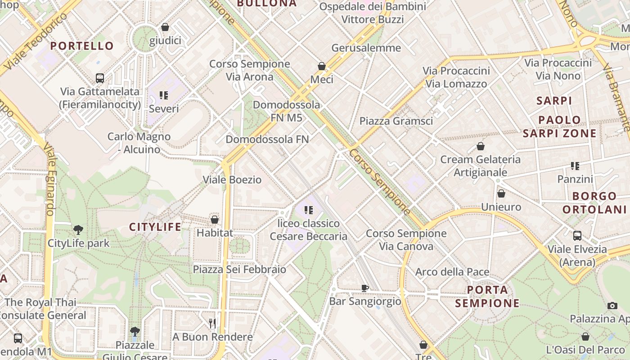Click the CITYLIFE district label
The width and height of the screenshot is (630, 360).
tap(155, 227)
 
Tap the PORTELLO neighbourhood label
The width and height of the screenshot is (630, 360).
tap(82, 46)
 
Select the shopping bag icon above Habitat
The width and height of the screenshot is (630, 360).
tap(215, 220)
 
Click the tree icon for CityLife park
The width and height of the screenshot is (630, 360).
tap(78, 230)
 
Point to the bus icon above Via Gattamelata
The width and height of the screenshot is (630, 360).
tap(100, 78)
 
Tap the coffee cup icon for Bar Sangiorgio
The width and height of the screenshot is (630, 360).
tap(365, 288)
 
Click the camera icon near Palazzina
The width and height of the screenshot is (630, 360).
tap(612, 306)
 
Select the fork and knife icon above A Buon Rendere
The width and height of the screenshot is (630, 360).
tap(212, 323)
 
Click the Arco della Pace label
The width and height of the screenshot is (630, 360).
tap(452, 272)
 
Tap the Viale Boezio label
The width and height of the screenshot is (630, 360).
tap(232, 180)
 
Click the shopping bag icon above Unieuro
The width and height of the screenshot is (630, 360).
tap(501, 193)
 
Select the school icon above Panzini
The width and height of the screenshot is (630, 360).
tap(575, 166)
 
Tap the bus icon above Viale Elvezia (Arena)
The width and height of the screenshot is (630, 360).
tap(577, 235)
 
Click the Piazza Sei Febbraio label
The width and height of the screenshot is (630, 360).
tap(239, 269)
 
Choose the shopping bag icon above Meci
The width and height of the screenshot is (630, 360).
tap(322, 66)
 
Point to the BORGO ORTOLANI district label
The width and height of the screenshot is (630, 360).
tap(594, 202)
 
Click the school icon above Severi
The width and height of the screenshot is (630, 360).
tap(164, 95)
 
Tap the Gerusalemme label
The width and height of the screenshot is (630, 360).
tap(366, 48)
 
